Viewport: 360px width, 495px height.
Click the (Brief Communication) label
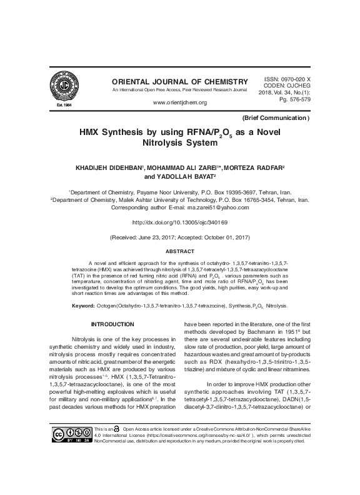(274, 117)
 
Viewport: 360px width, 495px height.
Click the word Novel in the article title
(270, 132)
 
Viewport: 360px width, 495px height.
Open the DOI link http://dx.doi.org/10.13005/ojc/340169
(180, 222)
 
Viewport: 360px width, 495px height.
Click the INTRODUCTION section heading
(112, 324)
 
